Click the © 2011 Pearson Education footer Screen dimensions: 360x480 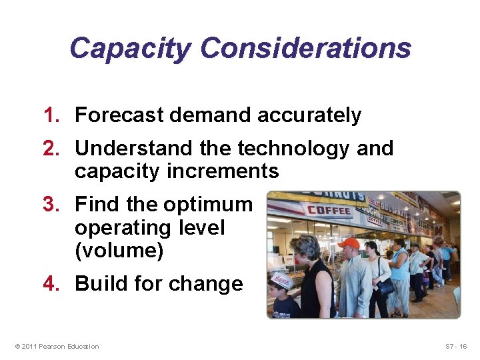coord(56,346)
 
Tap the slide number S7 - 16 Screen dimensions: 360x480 coord(456,346)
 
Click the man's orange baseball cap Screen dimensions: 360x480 coord(348,243)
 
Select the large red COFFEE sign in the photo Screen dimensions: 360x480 coord(329,211)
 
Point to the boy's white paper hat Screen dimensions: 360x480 coord(282,281)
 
